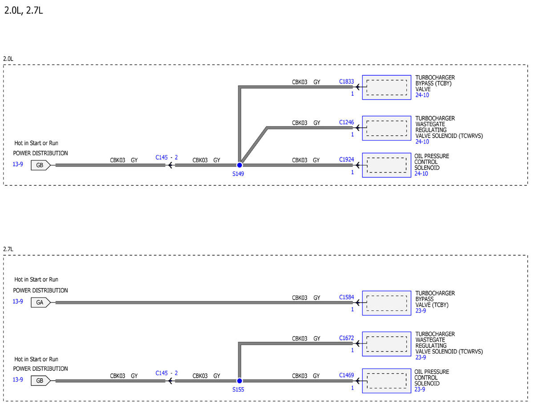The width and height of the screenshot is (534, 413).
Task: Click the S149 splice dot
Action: [x=239, y=165]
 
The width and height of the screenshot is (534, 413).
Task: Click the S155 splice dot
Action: [x=239, y=381]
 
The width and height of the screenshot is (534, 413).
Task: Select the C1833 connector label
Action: [x=346, y=82]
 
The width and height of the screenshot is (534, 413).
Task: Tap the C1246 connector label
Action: [x=346, y=122]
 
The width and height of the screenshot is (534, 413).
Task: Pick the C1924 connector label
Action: [x=346, y=159]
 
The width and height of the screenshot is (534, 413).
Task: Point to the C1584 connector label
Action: [x=346, y=297]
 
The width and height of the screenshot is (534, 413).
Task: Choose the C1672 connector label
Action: [x=346, y=338]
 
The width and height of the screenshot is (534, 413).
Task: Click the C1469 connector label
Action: [x=346, y=375]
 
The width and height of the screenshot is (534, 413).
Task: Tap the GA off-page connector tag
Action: [x=40, y=303]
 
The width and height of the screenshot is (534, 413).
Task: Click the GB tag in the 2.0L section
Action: [x=40, y=165]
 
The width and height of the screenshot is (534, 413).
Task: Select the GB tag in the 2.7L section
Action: [x=40, y=381]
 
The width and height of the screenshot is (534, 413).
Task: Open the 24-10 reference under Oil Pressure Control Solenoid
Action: [x=421, y=174]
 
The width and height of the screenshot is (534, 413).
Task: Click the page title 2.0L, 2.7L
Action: [x=24, y=11]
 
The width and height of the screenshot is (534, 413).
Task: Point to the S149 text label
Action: [x=238, y=174]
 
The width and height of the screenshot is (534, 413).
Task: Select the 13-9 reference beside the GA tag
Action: [x=18, y=301]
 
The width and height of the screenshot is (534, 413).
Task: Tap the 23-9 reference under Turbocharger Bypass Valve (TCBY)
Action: [x=421, y=311]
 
